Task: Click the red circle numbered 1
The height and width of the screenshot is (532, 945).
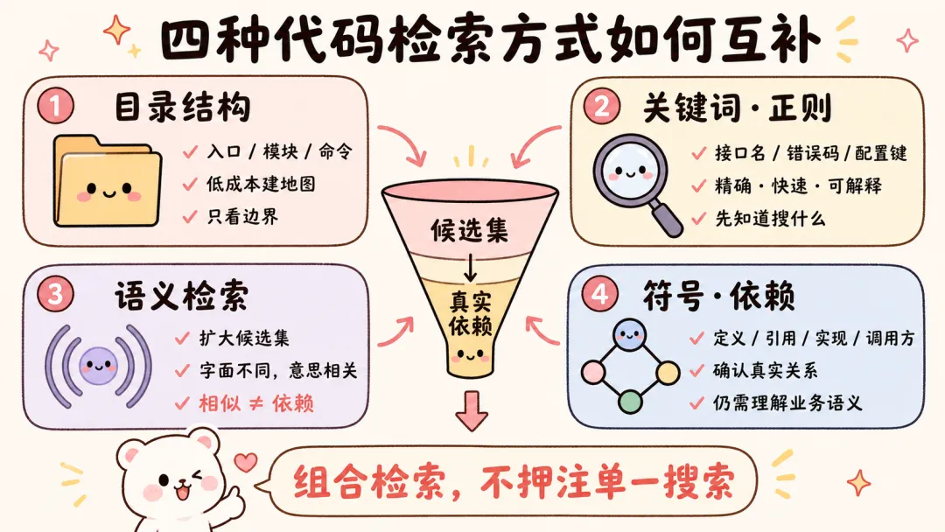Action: pos(55,106)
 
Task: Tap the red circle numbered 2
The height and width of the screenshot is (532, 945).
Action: pos(601,106)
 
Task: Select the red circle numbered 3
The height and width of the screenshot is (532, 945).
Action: pos(55,295)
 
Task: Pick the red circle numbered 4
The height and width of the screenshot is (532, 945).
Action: pos(599,294)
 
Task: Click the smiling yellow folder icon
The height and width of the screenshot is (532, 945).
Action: pos(108,181)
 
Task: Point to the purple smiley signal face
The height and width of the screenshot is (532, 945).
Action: pos(98,366)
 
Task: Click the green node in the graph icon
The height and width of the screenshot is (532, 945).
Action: pos(630,401)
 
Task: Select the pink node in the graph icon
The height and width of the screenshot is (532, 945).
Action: pos(593,373)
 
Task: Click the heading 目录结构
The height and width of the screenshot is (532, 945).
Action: pos(182,108)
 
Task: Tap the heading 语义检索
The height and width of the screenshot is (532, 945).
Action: pos(181,295)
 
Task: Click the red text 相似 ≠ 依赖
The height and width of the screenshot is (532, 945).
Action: pos(256,403)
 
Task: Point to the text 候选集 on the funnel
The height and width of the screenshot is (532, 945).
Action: pos(469,231)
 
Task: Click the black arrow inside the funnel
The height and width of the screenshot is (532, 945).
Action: pos(470,268)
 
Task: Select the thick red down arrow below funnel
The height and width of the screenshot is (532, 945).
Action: pos(472,411)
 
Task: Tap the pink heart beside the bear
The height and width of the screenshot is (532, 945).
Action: pos(245,462)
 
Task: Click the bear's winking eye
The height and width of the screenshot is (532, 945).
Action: pos(197,476)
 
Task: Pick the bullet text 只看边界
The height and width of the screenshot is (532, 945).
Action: pos(242,216)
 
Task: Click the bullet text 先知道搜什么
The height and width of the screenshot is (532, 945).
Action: pos(770,218)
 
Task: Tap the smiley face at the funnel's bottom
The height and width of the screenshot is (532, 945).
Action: pos(469,355)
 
